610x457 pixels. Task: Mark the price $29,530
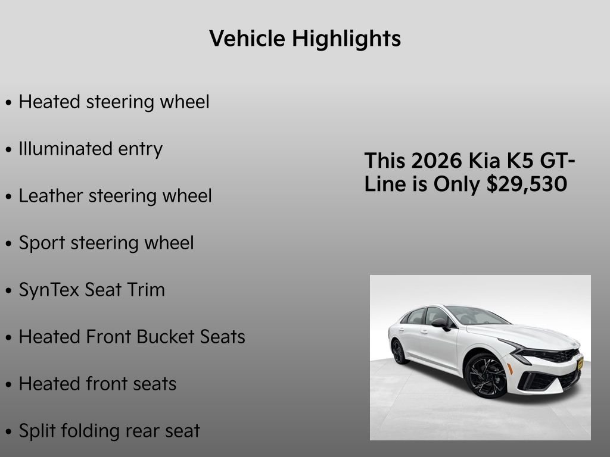[x=527, y=184]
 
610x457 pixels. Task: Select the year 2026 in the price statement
[x=436, y=161]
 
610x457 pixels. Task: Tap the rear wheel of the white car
[x=398, y=351]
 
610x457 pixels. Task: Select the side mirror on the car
[x=441, y=323]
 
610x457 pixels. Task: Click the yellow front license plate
[x=580, y=364]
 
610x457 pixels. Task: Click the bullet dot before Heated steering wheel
[x=8, y=102]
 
